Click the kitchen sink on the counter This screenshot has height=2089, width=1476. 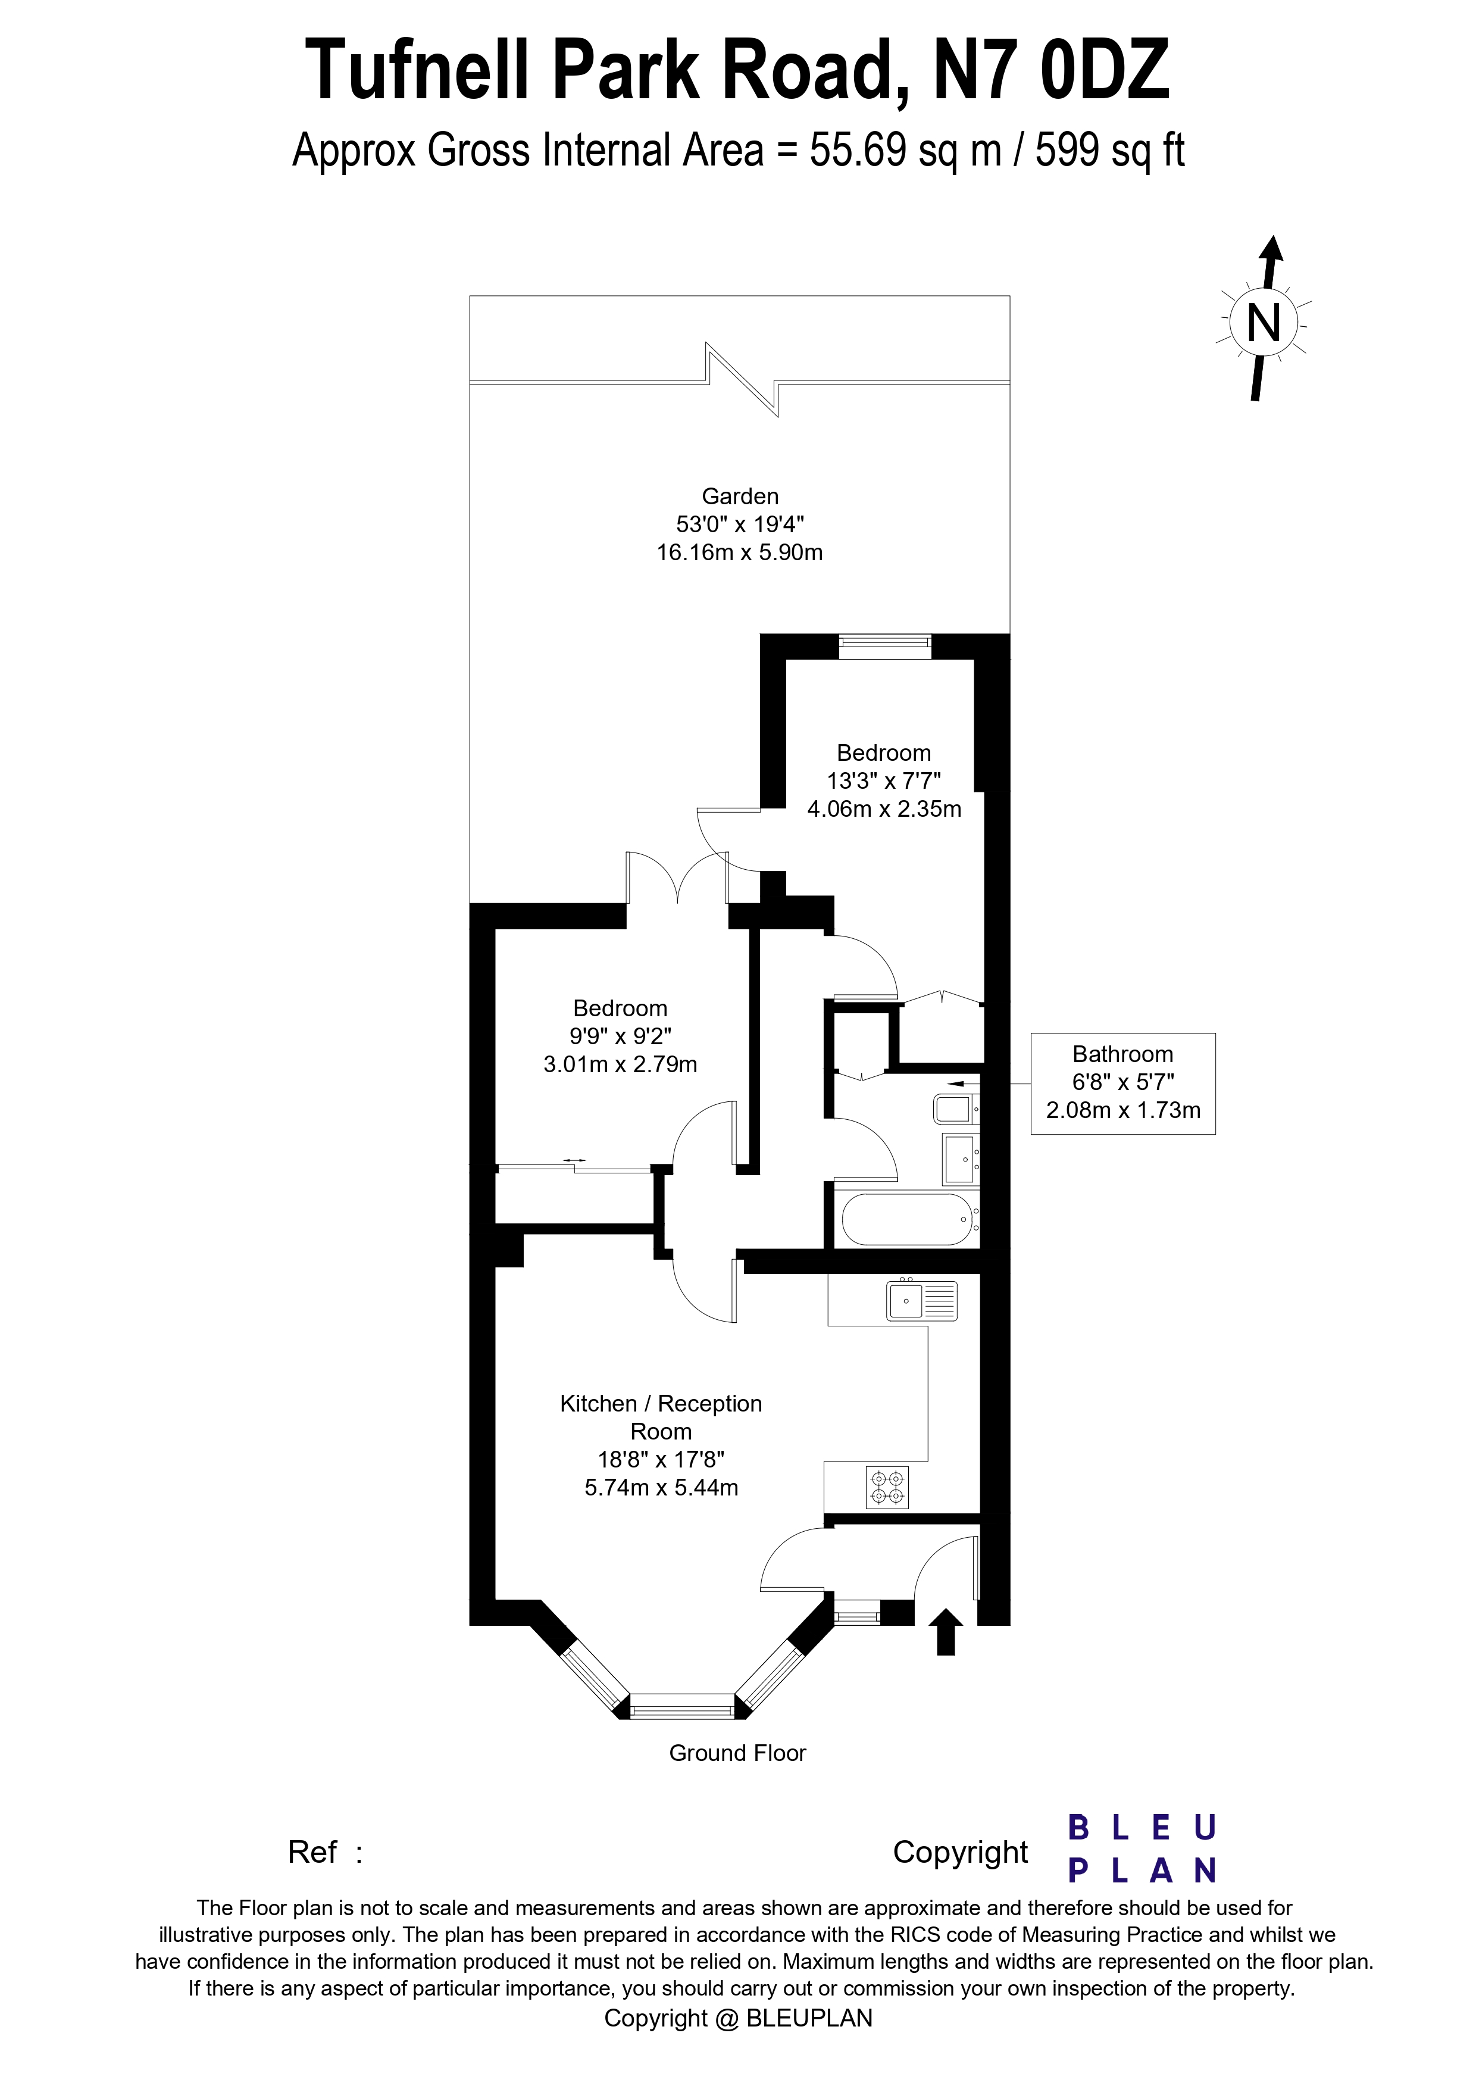coord(921,1300)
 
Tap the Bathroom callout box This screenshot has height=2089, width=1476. coord(1122,1083)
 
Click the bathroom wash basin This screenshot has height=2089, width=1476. coord(959,1159)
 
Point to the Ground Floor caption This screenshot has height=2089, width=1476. coord(737,1753)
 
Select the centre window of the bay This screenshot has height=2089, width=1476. coord(682,1706)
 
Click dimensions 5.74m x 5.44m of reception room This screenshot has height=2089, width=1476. coord(661,1488)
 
